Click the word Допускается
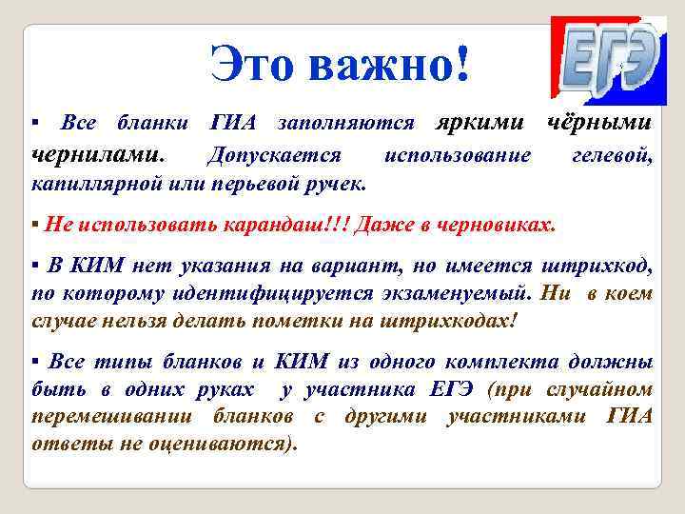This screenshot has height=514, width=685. (273, 152)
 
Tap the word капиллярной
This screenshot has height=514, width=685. (89, 181)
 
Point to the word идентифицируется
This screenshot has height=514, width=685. (259, 295)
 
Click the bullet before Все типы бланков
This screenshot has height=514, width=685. (35, 364)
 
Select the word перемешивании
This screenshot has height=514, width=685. (105, 417)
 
